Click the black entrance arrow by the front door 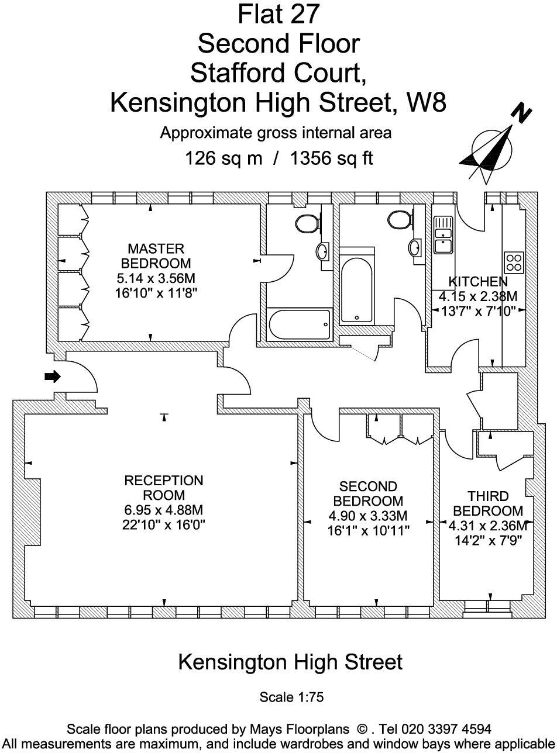tap(53, 376)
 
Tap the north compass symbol tap(495, 147)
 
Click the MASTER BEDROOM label tap(156, 256)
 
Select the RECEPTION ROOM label tap(164, 488)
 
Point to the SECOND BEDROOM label tap(368, 494)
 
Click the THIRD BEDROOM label tap(488, 504)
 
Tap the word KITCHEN tap(478, 281)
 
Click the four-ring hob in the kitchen tap(514, 262)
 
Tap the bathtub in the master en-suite tap(300, 324)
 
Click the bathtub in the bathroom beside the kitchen tap(356, 289)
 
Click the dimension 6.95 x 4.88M tap(164, 510)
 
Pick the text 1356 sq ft tap(331, 158)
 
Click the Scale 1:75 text tap(291, 697)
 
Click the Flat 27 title tap(278, 14)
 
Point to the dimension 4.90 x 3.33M tap(368, 516)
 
